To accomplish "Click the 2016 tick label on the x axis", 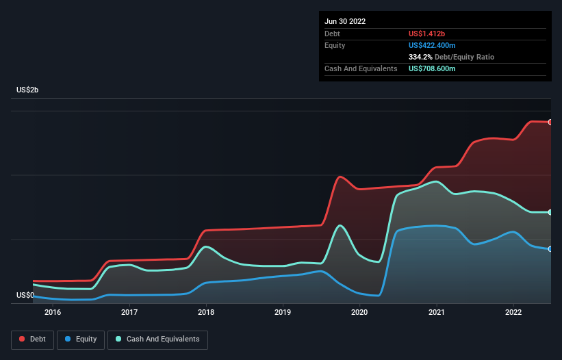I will click(x=53, y=313).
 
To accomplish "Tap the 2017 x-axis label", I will click(x=129, y=313).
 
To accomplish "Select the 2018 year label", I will click(x=206, y=313).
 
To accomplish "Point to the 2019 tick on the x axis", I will click(x=283, y=313).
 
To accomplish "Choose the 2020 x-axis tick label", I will click(x=359, y=313).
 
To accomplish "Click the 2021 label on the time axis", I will click(x=436, y=313).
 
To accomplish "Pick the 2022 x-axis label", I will click(x=513, y=313).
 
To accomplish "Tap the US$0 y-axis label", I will click(x=25, y=296).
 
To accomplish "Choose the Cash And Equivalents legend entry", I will click(x=157, y=339).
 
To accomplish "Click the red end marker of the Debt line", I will click(x=550, y=122).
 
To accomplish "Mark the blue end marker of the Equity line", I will click(x=550, y=249).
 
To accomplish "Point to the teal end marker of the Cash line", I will click(x=550, y=213).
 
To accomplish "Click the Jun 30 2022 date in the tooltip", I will click(x=345, y=21).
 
